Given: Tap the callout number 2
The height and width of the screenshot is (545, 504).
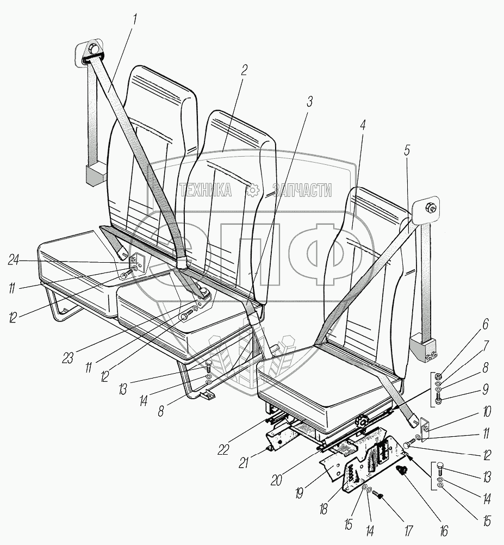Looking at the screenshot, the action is click(244, 71).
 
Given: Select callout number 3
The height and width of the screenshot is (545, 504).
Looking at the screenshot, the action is click(309, 101).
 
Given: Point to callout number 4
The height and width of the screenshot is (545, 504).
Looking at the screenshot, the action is click(362, 124).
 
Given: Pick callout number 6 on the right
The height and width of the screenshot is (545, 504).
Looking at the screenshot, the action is click(486, 324).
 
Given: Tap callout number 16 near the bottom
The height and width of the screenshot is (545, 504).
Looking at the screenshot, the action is click(443, 530).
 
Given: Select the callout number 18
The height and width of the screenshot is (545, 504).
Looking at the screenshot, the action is click(323, 509).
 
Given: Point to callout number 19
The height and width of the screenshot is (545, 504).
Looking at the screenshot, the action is click(300, 493).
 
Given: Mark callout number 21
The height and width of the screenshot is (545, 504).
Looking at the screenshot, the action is click(244, 462).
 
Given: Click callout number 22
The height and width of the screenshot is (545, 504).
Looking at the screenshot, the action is click(223, 449).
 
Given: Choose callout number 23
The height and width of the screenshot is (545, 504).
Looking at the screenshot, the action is click(68, 358).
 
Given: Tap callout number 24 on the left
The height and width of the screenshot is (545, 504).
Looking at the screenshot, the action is click(14, 260).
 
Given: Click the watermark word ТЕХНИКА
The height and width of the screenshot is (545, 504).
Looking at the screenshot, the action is click(206, 190).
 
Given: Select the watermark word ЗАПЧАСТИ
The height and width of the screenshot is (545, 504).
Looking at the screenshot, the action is click(302, 190).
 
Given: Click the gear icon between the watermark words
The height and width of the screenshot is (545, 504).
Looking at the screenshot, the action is click(252, 190).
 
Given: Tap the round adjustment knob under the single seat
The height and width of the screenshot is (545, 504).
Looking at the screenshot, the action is click(363, 422).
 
